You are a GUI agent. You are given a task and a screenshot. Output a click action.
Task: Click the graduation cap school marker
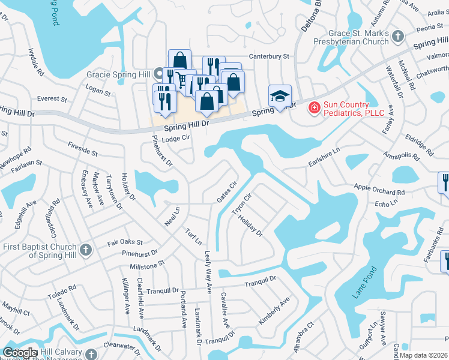(280, 97)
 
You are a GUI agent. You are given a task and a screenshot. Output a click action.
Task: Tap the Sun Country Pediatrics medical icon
(313, 108)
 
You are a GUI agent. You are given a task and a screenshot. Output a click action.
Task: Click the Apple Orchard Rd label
(379, 190)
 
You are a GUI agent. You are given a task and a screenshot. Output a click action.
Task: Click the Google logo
(20, 353)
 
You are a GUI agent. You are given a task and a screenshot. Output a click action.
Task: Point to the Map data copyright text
(424, 355)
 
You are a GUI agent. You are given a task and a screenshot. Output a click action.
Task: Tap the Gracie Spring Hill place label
(119, 75)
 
